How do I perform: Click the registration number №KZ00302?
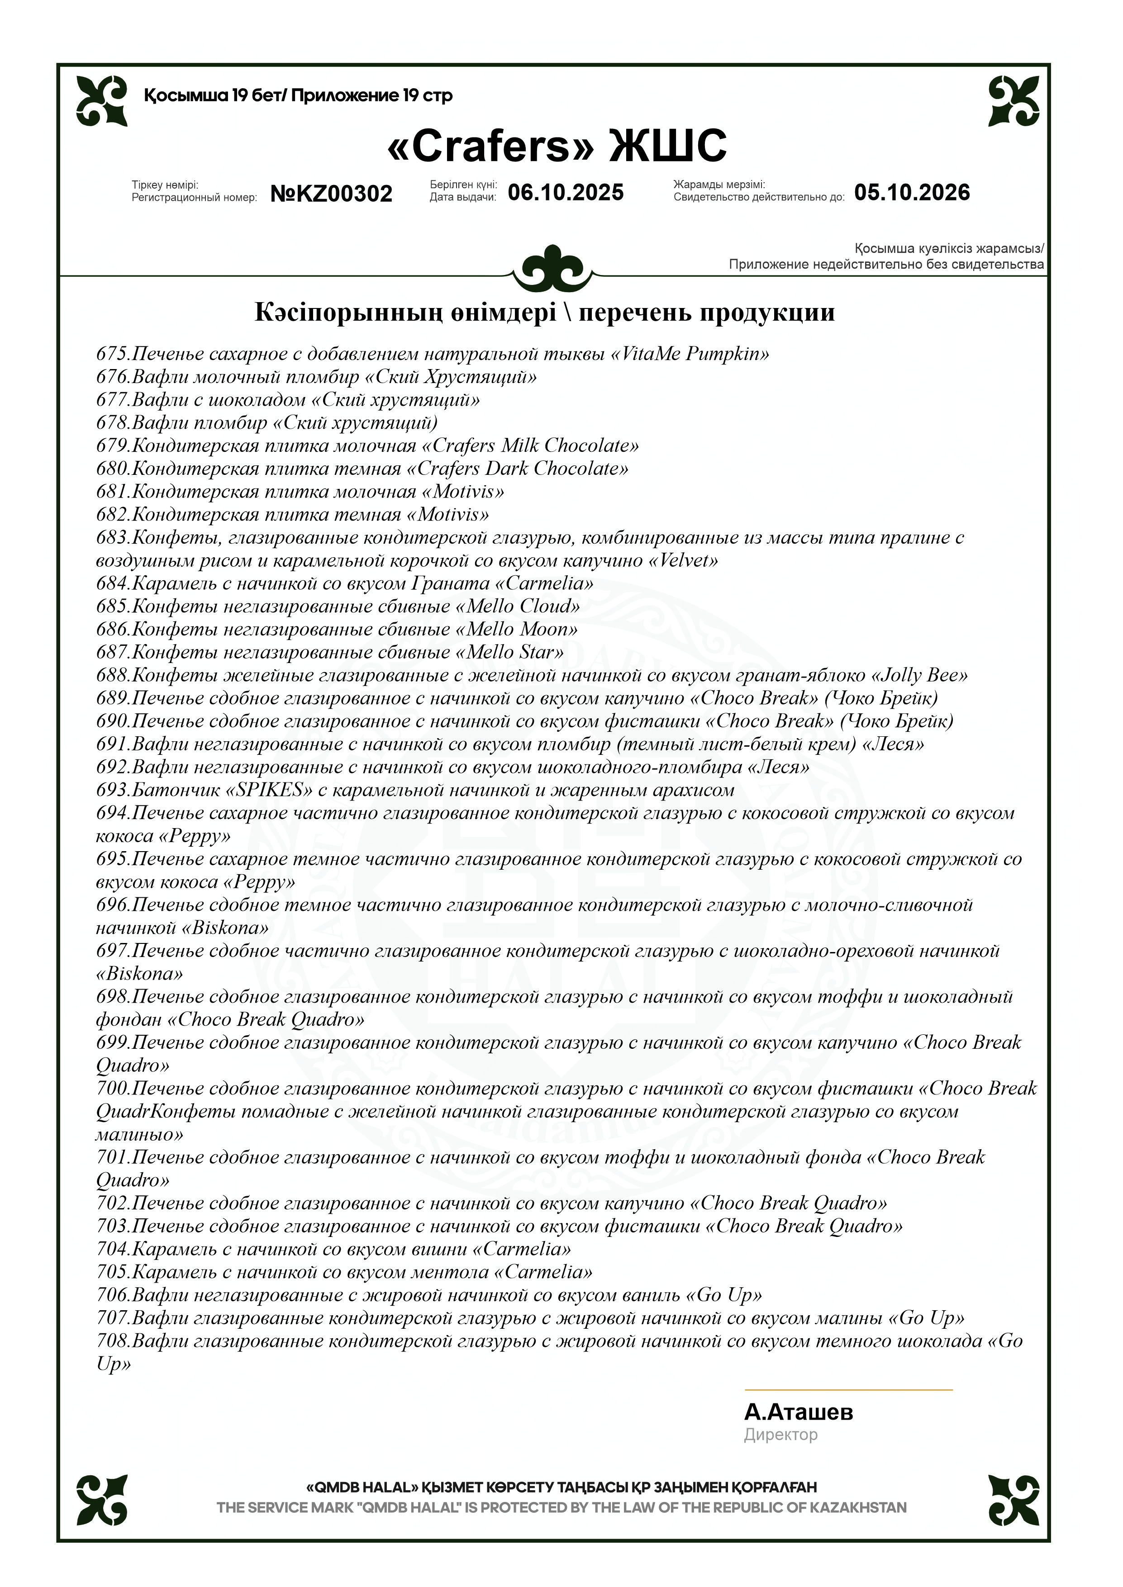pyautogui.click(x=331, y=194)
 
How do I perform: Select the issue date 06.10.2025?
pyautogui.click(x=566, y=192)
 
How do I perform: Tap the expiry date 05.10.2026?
pyautogui.click(x=911, y=192)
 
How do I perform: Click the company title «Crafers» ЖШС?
pyautogui.click(x=557, y=146)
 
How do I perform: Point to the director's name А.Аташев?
pyautogui.click(x=798, y=1412)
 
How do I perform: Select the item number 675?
pyautogui.click(x=112, y=354)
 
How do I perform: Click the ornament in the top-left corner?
pyautogui.click(x=102, y=101)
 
